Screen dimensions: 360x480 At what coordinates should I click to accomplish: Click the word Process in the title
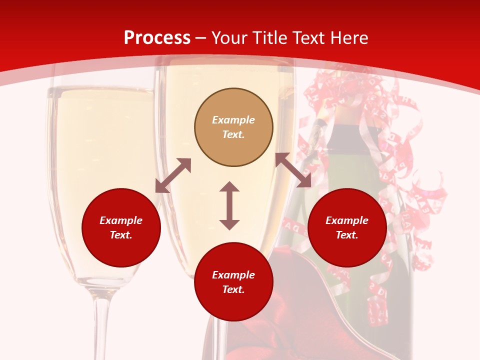coord(157,38)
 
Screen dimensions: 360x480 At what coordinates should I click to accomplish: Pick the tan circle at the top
coord(233,127)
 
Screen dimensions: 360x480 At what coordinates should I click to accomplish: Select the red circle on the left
coord(121,227)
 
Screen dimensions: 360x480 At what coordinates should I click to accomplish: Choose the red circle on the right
coord(347,227)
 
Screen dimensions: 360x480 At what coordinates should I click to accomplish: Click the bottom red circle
coord(233,282)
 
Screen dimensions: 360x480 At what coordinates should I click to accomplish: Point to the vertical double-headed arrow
coord(229,205)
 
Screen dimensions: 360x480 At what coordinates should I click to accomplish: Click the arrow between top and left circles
coord(173,175)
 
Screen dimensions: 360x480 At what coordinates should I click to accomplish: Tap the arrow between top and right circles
coord(293,170)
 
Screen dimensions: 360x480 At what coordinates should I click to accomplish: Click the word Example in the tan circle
coord(233,120)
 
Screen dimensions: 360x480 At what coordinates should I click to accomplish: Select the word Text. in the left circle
coord(121,235)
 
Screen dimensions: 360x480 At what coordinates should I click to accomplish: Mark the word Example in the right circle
coord(347,220)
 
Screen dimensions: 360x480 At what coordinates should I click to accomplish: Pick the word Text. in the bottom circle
coord(233,289)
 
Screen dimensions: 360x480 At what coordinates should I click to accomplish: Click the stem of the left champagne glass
coord(101,325)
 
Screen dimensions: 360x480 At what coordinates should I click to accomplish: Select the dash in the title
coord(201,38)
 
